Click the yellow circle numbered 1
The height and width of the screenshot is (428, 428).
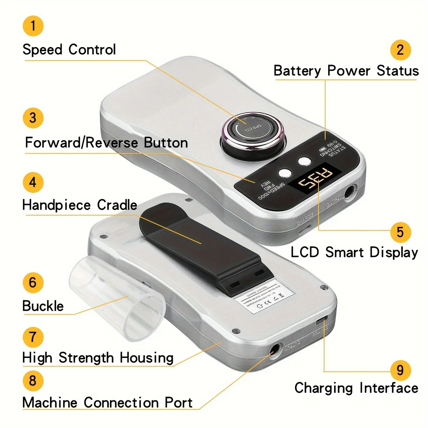pos(33,26)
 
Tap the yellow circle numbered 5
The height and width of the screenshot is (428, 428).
pos(400,232)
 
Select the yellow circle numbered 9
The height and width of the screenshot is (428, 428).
pos(400,370)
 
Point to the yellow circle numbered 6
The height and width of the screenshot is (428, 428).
pos(33,282)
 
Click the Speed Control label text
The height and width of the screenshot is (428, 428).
pos(69,50)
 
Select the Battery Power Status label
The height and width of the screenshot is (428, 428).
pos(346,71)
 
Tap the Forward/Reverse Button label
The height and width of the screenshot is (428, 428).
pos(106,143)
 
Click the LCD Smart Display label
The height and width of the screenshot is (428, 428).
pos(354,253)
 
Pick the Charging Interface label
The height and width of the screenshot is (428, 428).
pos(356,388)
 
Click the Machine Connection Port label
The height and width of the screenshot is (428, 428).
pos(107,403)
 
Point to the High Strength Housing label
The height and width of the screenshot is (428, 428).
pos(98,358)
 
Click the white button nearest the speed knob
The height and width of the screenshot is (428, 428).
pos(304,161)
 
